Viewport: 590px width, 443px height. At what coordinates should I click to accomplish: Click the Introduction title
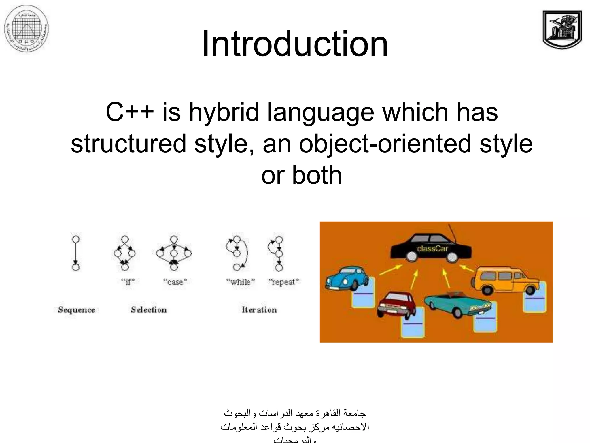(x=295, y=44)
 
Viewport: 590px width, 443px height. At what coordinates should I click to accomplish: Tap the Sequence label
(x=76, y=310)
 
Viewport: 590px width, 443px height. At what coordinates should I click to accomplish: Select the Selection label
(x=149, y=310)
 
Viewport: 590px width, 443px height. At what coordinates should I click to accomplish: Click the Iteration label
(x=259, y=310)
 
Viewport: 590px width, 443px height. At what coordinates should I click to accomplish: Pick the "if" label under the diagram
(x=128, y=281)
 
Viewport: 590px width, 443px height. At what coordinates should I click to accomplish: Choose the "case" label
(x=175, y=281)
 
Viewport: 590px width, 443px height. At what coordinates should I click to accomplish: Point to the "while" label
(x=241, y=281)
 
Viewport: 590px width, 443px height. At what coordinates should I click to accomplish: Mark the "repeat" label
(x=283, y=281)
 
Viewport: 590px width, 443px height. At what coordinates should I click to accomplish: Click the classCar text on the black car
(x=432, y=249)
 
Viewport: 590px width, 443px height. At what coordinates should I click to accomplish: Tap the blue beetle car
(x=347, y=278)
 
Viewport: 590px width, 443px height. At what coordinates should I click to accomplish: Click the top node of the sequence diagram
(x=76, y=239)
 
